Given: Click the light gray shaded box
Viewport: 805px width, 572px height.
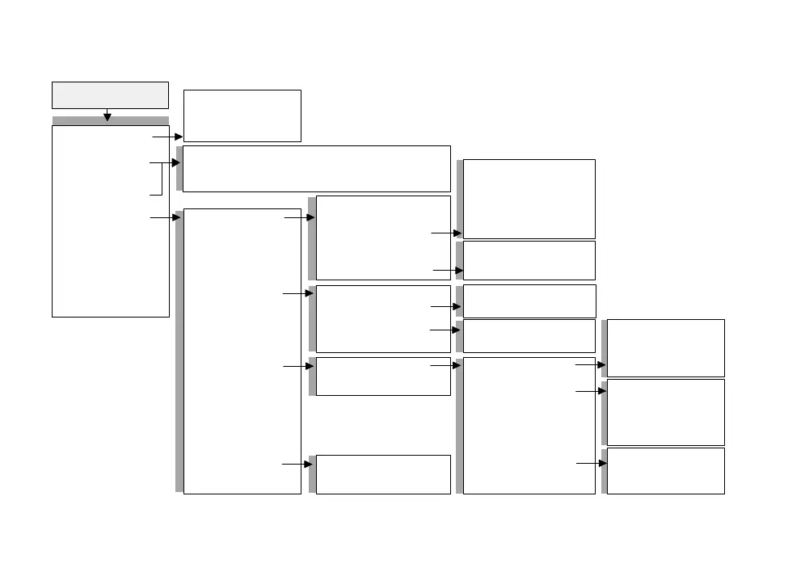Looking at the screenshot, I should (110, 95).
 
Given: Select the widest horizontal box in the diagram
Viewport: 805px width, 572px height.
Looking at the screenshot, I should (316, 168).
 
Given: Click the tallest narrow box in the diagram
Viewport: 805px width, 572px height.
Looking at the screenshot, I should (242, 351).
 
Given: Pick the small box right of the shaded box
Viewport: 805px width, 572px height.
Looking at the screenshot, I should (242, 116).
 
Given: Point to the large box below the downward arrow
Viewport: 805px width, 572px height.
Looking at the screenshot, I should (110, 221).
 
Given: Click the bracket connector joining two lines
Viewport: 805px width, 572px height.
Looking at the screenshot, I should (162, 179).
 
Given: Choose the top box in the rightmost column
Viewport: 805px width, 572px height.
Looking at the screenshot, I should (665, 347).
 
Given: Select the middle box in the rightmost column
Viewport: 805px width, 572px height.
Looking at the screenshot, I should (665, 412).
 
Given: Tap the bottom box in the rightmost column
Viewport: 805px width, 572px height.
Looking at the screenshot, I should (665, 470).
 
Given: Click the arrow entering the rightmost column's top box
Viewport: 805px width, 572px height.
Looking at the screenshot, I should (590, 365).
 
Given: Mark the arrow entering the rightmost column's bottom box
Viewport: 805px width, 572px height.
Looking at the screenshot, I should (591, 464).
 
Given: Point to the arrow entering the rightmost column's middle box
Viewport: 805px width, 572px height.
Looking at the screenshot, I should (590, 391).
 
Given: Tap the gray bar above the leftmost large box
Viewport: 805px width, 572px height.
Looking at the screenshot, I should (110, 120).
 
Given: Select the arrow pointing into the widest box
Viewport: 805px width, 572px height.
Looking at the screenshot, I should (173, 162).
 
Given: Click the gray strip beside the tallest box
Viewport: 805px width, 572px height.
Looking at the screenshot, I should (179, 351).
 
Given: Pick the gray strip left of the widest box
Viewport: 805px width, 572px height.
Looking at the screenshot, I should (179, 168).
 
